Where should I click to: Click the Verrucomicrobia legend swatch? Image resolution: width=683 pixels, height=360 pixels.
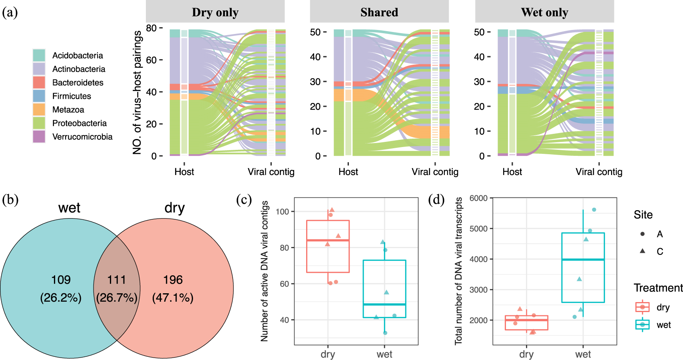coord(39,136)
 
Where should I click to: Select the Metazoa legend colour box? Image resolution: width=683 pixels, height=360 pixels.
coord(39,109)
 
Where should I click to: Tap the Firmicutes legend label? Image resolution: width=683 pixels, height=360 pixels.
coord(72,96)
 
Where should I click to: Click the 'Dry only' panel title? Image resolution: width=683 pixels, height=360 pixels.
coord(215,12)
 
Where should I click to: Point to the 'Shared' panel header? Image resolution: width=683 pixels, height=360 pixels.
coord(379,12)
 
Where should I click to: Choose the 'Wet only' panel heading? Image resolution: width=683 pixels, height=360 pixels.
coord(544,12)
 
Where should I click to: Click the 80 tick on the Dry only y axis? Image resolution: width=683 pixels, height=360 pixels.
coord(151,28)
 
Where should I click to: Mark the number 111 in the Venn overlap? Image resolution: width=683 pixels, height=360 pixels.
coord(117,280)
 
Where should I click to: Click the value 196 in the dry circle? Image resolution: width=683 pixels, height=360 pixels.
coord(173,280)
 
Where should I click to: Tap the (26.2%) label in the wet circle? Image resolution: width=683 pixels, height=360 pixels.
coord(61,298)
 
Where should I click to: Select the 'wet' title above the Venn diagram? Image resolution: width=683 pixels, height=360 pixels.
coord(69,208)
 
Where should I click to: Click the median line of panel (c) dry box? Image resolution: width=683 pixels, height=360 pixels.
coord(328,240)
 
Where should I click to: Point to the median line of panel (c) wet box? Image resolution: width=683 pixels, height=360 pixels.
coord(384,304)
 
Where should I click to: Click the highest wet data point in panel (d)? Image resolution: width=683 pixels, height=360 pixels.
coord(594,210)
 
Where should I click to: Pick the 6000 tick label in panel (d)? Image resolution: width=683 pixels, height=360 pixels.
coord(478,198)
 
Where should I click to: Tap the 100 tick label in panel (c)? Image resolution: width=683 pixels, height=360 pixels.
coord(283,211)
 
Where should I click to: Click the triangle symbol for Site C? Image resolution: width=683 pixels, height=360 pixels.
coord(643,251)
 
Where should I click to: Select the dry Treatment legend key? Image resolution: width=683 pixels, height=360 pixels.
coord(642,307)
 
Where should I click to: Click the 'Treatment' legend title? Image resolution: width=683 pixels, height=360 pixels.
coord(658,288)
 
